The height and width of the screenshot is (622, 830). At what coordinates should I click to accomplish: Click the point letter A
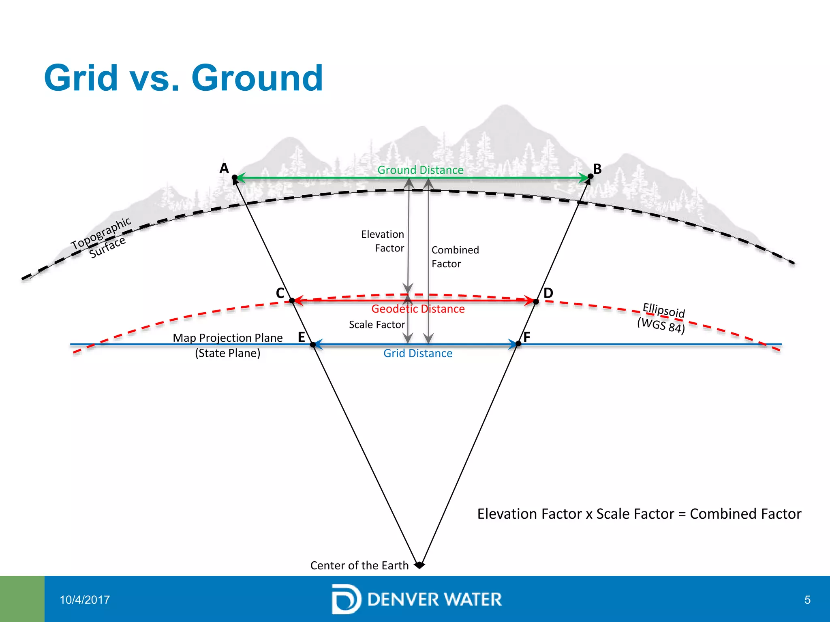(x=224, y=168)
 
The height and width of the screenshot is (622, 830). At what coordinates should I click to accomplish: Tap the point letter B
(x=597, y=169)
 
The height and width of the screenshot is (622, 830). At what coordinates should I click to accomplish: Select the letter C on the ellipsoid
(x=280, y=293)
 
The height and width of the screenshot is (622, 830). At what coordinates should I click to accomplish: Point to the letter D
(x=548, y=293)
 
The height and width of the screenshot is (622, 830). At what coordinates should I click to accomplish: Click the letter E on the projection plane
(x=302, y=337)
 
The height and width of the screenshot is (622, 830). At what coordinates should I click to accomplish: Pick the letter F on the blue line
(x=526, y=337)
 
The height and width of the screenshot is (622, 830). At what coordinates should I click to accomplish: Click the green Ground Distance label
(x=420, y=170)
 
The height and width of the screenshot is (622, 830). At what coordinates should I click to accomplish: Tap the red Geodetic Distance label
(x=418, y=309)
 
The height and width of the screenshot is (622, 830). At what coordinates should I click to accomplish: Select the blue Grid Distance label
(x=418, y=354)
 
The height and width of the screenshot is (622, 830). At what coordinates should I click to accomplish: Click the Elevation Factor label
(x=383, y=241)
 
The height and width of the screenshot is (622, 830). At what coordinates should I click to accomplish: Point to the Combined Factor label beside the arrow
(x=455, y=257)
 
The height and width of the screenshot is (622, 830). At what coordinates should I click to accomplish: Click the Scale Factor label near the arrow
(x=377, y=325)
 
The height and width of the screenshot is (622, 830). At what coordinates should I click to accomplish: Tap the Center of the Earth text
(x=359, y=565)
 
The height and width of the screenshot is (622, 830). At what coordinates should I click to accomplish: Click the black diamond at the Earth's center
(x=419, y=565)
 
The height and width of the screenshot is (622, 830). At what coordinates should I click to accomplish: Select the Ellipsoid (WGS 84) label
(x=662, y=318)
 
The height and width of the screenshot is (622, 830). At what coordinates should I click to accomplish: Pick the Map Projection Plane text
(x=228, y=338)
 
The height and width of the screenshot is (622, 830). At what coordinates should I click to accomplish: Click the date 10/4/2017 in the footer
(x=85, y=600)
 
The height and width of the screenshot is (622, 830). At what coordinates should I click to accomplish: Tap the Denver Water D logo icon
(x=346, y=599)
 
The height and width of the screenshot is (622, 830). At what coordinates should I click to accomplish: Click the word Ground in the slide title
(x=257, y=78)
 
